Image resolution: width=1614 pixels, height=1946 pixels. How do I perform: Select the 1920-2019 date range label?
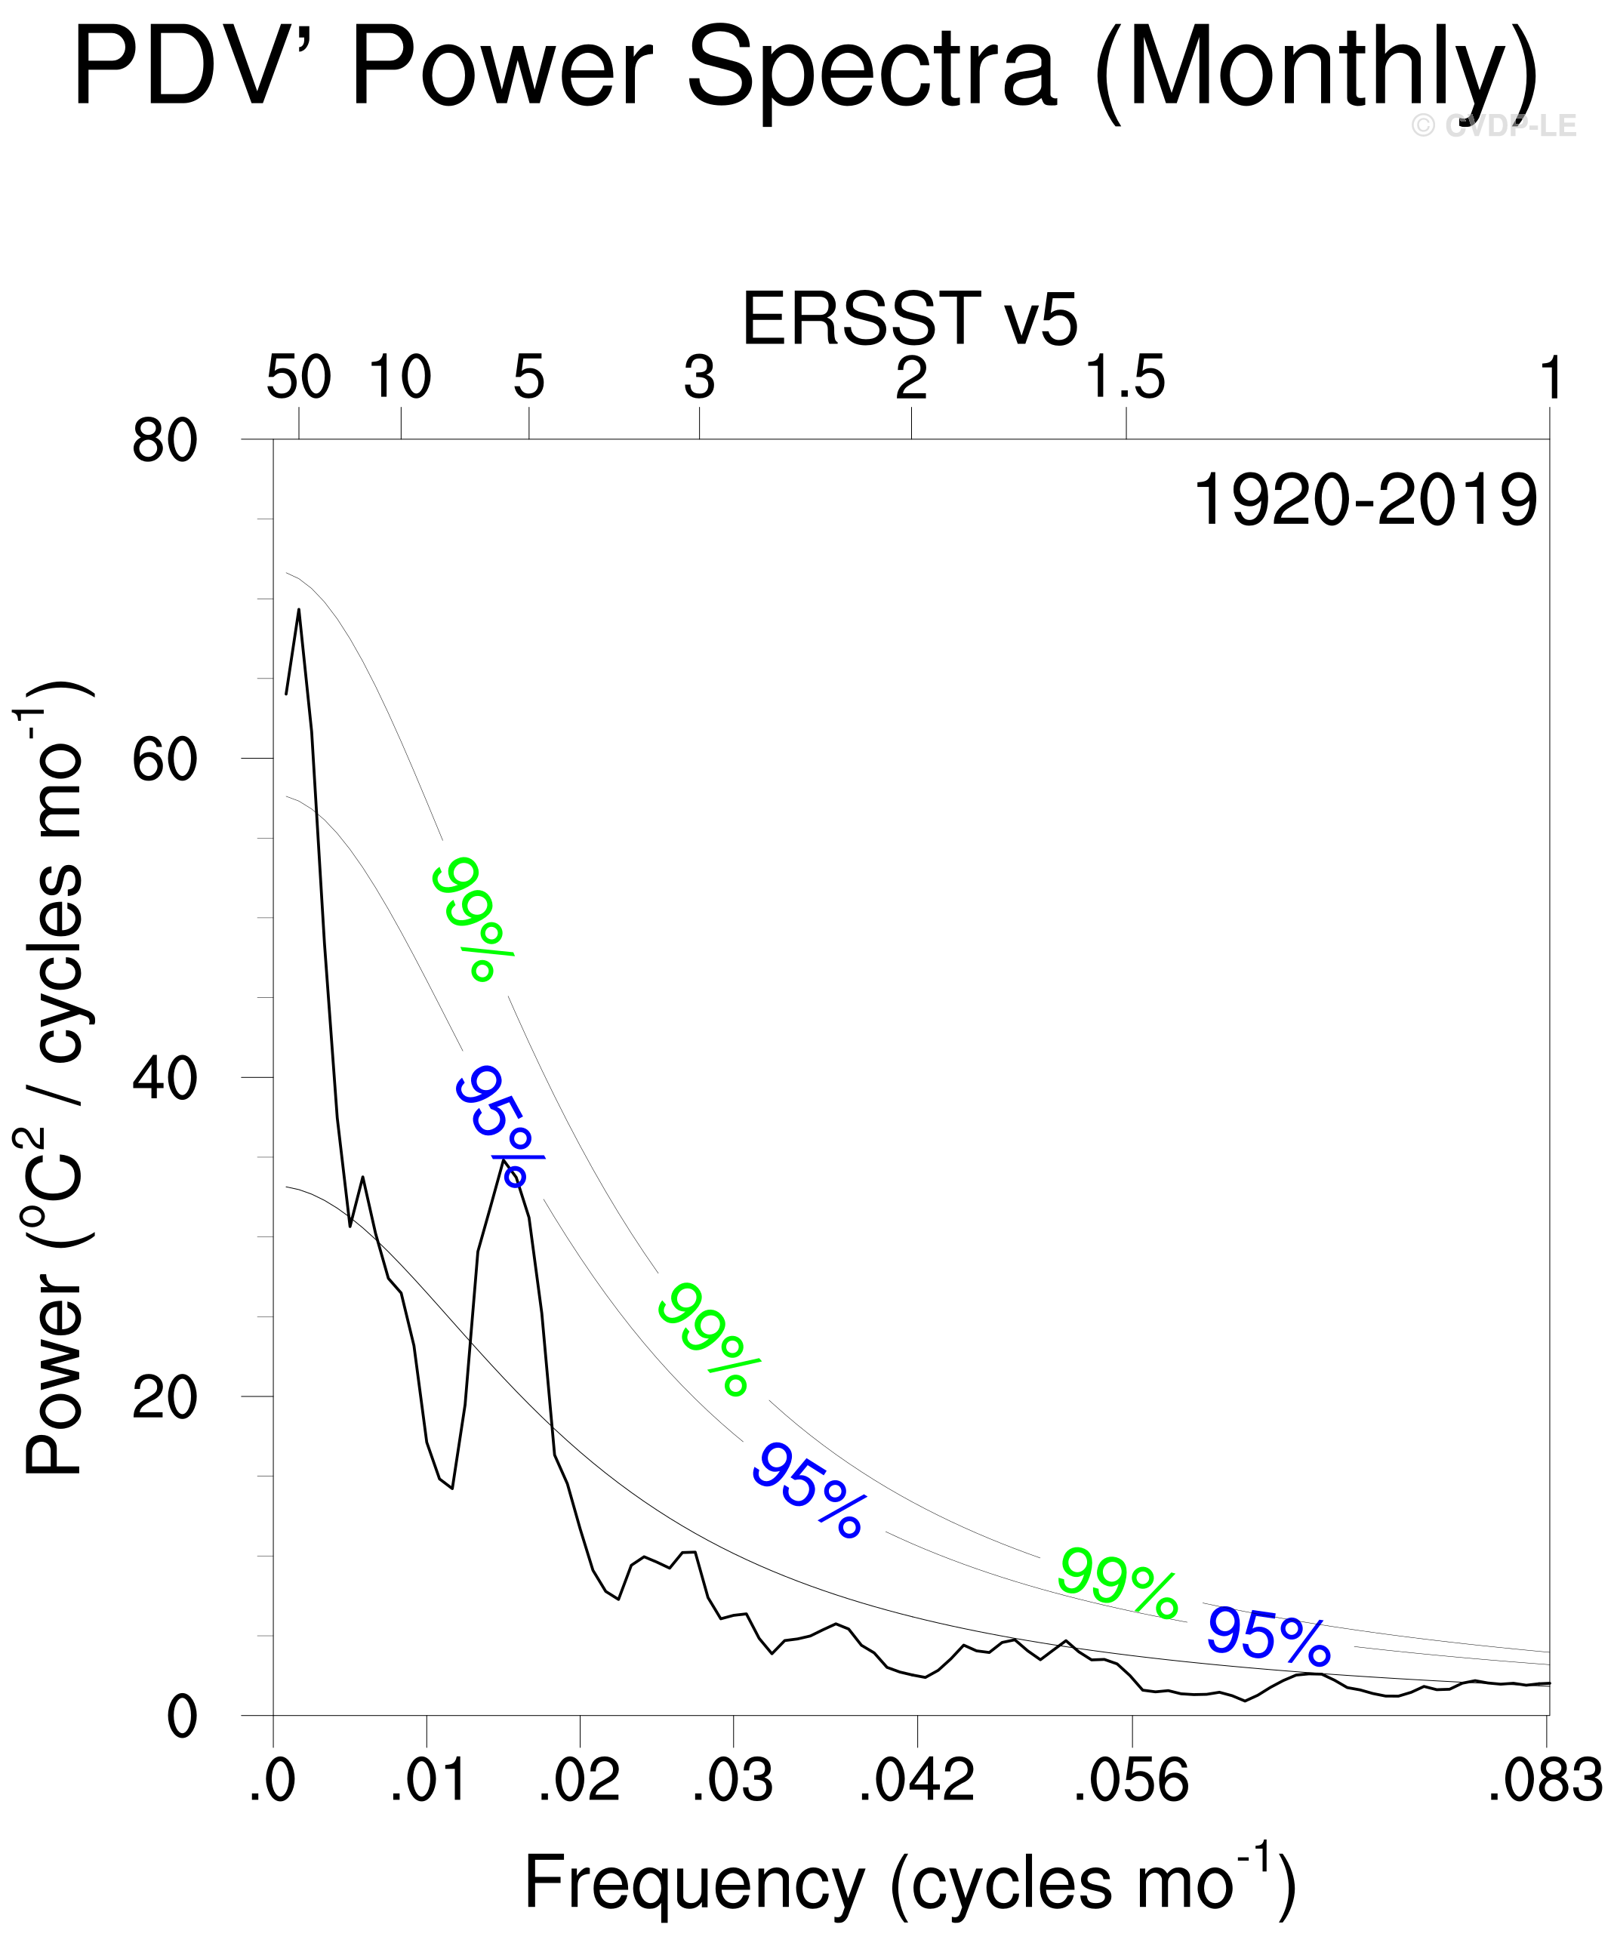1366,500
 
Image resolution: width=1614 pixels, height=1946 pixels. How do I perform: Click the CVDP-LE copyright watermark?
1493,125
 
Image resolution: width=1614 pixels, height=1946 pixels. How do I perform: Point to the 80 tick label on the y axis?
165,441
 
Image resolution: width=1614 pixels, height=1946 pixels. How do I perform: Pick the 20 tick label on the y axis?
165,1396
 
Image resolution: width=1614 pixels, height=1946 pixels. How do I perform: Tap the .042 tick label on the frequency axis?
916,1780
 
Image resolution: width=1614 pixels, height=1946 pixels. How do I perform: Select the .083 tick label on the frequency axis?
1545,1780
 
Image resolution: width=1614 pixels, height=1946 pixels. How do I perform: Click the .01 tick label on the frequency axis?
427,1780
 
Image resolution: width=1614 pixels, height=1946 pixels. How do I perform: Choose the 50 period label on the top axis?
298,378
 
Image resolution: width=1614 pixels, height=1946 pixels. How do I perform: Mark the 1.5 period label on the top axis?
1126,378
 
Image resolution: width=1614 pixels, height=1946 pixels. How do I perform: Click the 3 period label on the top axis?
700,378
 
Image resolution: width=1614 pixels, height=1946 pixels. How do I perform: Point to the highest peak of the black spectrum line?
298,610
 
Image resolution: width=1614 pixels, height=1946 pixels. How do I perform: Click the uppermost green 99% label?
473,917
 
